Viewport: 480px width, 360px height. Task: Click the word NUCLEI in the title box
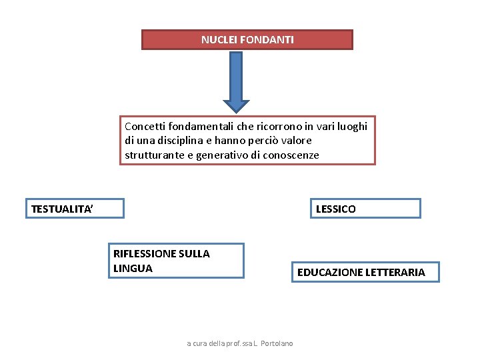(x=217, y=40)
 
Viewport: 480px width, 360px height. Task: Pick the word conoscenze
(x=291, y=155)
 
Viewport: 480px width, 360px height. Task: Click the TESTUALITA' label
(x=63, y=209)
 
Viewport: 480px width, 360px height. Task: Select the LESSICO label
(x=335, y=209)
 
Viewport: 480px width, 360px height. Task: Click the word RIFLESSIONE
(x=144, y=254)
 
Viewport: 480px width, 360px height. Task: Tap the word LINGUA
(x=133, y=269)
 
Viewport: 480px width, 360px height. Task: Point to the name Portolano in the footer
(x=274, y=343)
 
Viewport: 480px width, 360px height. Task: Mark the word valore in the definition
(x=296, y=141)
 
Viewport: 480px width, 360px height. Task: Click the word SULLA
(x=195, y=254)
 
